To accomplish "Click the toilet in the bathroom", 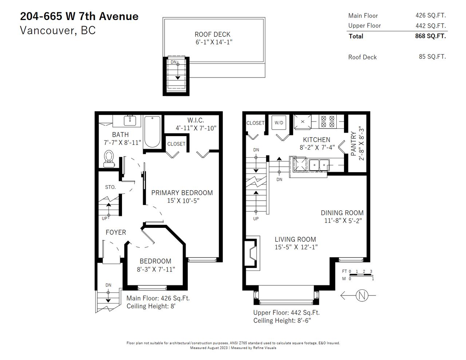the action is [109, 159].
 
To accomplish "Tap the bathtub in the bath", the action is [152, 132].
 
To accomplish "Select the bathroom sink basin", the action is [130, 120].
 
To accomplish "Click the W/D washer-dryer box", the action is [279, 123].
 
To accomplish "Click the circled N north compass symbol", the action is [362, 295].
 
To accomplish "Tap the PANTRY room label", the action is [354, 144].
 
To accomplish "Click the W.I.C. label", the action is [196, 120].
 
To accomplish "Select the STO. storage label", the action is [110, 187].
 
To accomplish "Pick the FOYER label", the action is [116, 232].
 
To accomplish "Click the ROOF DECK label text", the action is [212, 34].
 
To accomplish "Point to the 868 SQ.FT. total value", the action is [430, 36].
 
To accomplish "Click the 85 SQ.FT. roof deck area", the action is [433, 57].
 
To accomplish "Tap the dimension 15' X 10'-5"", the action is [183, 201].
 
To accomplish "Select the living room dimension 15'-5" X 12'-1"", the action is [296, 247].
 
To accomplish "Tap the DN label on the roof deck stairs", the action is [174, 62].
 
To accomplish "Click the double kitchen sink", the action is [319, 165].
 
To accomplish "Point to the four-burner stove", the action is [328, 121].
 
